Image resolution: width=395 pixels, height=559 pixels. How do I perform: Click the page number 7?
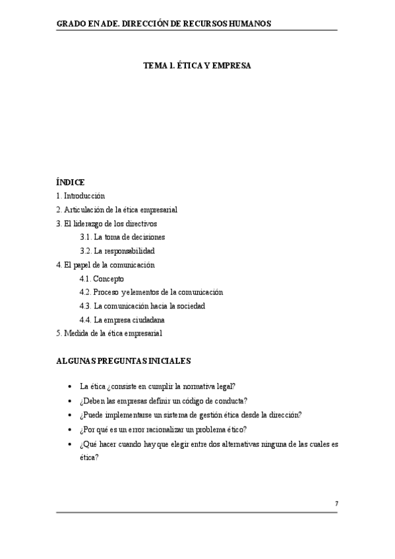coord(336,504)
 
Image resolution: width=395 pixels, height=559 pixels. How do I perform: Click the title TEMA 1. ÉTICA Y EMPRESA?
coord(197,66)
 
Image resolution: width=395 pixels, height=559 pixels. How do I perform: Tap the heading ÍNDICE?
coord(71,182)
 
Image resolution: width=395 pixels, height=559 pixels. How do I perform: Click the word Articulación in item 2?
coord(84,210)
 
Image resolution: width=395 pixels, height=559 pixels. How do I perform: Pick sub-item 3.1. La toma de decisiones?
coord(122,237)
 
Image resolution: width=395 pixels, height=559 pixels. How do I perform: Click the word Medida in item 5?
coord(75,333)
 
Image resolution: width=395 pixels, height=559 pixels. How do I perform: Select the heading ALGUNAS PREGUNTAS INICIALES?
coord(124,361)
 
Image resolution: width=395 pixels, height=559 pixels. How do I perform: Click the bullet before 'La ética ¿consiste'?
coord(70,387)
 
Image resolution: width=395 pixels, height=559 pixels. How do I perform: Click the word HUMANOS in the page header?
coord(252,23)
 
